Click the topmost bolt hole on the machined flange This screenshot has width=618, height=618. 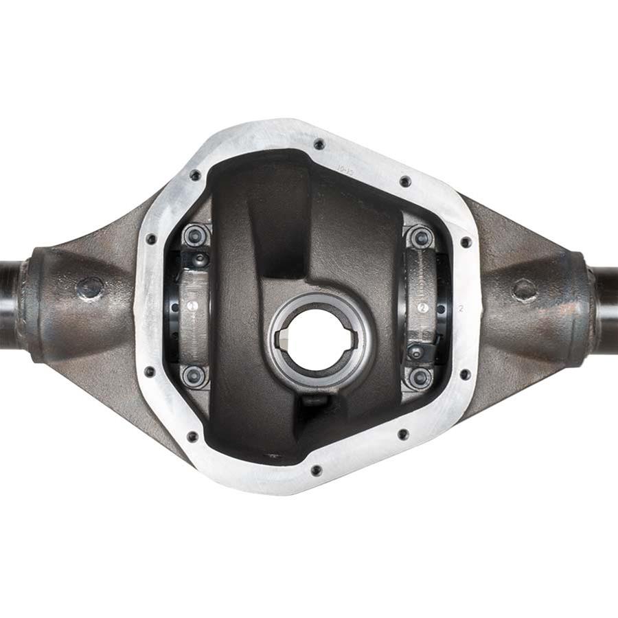click(319, 144)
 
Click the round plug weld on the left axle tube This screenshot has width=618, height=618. click(90, 288)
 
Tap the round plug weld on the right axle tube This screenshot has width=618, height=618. click(525, 290)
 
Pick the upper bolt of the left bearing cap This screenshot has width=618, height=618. click(195, 236)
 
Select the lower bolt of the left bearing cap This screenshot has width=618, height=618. click(194, 375)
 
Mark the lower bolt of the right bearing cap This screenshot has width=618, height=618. click(420, 376)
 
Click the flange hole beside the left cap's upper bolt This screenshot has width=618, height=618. click(151, 239)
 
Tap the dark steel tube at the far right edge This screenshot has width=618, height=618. click(607, 302)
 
